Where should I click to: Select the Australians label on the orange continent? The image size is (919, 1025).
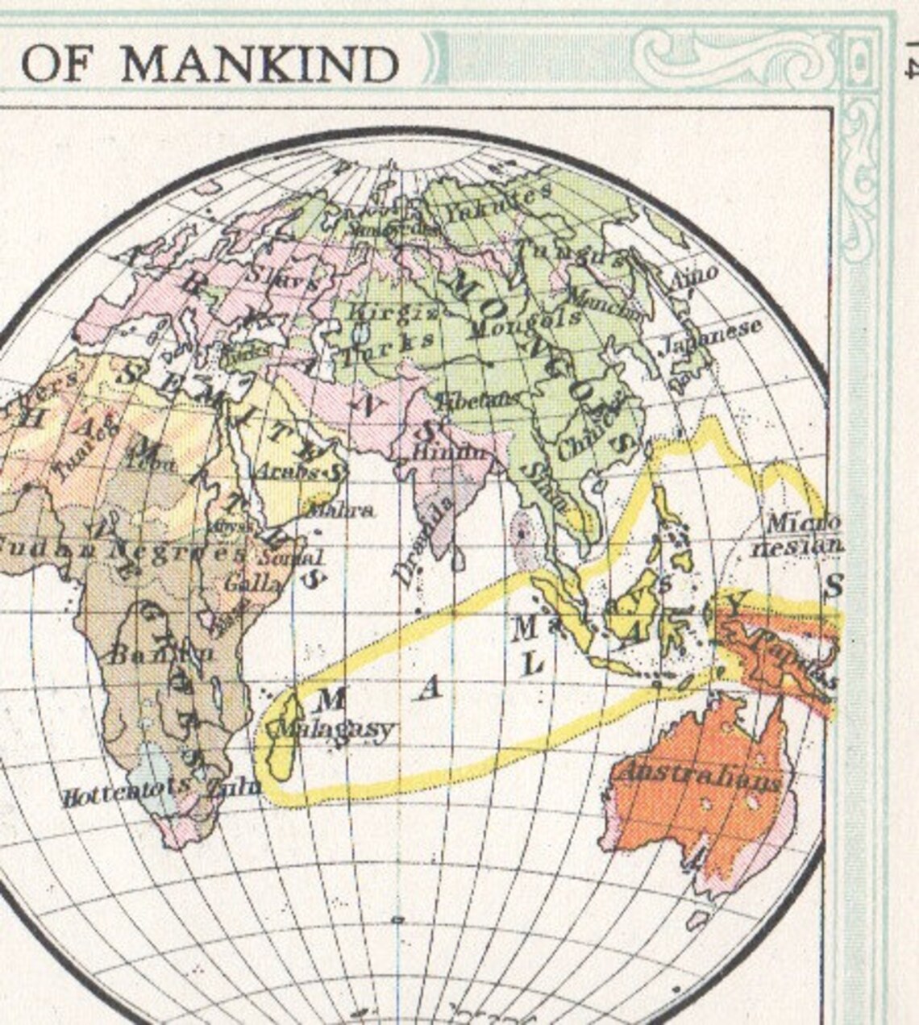698,777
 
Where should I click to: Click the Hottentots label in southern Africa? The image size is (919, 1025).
127,792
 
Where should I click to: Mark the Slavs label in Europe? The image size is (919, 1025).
286,277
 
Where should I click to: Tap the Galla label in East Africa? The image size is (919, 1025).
254,582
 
